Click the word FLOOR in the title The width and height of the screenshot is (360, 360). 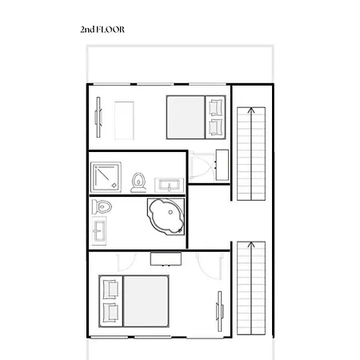111,30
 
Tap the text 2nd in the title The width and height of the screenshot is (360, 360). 87,30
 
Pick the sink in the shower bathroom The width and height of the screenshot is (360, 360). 169,183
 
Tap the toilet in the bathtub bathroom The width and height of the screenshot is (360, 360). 102,207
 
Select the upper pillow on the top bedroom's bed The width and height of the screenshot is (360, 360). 215,107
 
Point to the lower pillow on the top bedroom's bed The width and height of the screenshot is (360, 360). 215,126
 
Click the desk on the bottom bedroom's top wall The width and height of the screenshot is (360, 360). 166,258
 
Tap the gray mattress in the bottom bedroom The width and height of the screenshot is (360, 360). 144,299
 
